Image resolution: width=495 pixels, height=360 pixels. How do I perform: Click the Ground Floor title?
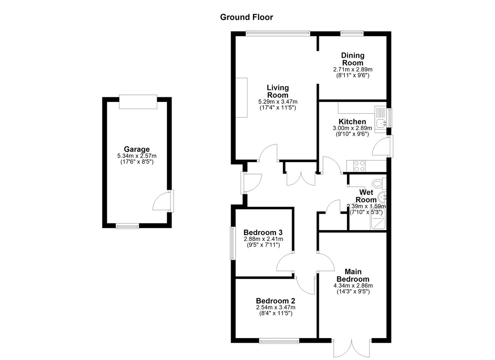coord(246,17)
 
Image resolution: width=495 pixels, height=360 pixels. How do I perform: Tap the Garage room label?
coord(137,149)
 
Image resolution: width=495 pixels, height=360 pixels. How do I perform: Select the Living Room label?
coord(278,91)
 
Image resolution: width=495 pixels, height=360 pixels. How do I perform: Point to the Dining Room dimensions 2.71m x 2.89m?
coord(353,69)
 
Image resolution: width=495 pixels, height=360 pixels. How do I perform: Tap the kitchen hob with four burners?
coord(359,166)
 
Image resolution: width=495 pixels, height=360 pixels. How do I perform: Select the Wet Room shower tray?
coord(379,219)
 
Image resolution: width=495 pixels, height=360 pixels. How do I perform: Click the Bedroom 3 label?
coord(263,233)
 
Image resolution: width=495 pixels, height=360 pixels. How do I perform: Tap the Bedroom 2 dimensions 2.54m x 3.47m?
coord(276,308)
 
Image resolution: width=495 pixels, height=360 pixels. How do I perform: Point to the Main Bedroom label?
coord(353,275)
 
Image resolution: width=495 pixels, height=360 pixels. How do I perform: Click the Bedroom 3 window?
coord(233,243)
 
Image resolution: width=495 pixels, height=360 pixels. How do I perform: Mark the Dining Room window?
coord(352,33)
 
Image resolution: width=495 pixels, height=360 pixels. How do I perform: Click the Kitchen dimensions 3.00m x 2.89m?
coord(352,128)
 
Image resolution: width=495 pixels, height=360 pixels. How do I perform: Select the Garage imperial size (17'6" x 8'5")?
coord(137,162)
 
